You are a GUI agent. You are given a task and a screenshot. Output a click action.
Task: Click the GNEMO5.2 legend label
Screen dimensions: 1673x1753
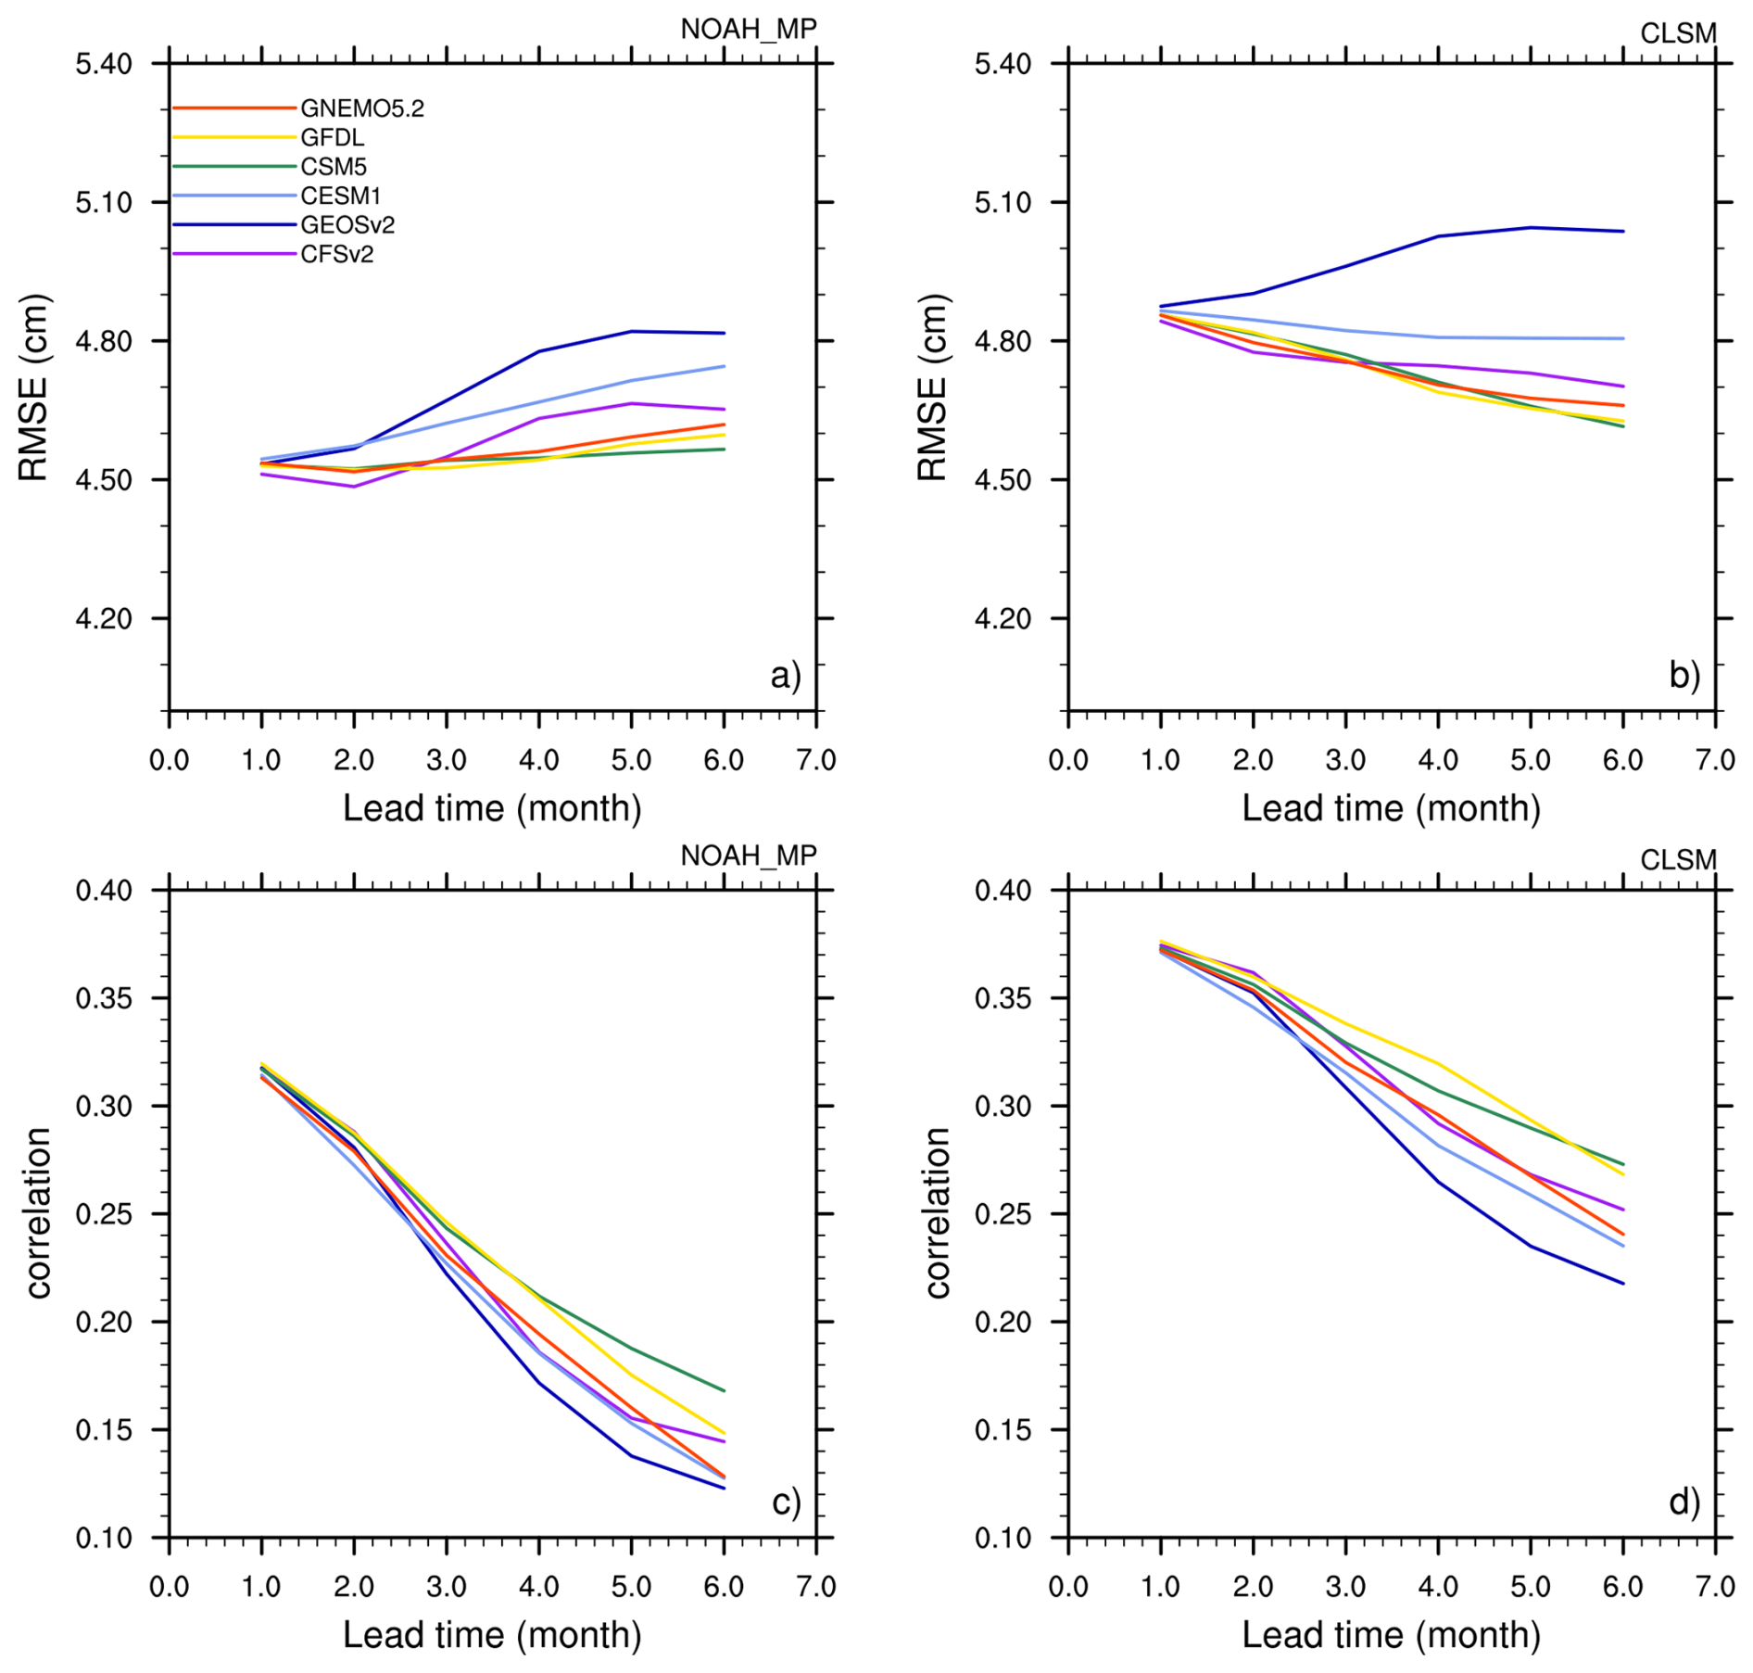pos(361,108)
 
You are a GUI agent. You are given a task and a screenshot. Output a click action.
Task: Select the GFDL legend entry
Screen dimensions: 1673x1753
pos(332,138)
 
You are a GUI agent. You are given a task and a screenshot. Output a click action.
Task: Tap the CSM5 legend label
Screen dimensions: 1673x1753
pos(334,167)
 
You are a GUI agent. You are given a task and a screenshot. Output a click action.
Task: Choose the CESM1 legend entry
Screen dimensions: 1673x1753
pos(340,196)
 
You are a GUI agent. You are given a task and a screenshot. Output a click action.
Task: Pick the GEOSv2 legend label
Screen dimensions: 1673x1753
pos(347,225)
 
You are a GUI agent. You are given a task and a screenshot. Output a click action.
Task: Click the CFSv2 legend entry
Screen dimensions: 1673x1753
pos(336,254)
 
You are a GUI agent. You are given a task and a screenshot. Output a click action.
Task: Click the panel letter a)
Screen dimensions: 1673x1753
pos(785,676)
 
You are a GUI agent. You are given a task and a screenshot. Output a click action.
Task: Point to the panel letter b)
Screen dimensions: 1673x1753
pos(1684,676)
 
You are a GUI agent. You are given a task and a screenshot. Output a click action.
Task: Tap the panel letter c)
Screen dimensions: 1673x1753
pos(785,1502)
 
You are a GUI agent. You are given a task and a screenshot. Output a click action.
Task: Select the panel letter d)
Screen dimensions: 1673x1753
pos(1684,1502)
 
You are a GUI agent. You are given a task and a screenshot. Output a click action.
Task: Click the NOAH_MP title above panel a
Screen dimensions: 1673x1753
pos(748,30)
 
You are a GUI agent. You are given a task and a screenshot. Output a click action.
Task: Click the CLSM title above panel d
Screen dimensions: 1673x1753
pos(1677,860)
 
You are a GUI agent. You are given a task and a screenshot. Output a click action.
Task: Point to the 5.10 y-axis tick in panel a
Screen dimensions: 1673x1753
pos(104,202)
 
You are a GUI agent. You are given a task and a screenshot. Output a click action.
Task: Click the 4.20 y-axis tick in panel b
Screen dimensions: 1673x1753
pos(1003,618)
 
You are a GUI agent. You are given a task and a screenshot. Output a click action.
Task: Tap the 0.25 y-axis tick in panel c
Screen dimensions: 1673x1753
pos(104,1214)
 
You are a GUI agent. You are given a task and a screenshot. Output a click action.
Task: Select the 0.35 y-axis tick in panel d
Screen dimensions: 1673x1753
pos(1003,998)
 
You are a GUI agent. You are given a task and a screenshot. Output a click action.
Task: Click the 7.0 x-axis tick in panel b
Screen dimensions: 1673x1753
pos(1714,760)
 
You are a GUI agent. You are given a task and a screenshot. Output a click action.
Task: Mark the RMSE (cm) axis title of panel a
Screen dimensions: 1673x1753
pos(33,387)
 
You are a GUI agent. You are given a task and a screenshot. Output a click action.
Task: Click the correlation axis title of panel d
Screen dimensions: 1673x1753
pos(937,1213)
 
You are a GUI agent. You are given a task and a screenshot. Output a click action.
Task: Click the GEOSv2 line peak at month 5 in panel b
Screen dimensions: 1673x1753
pos(1530,227)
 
